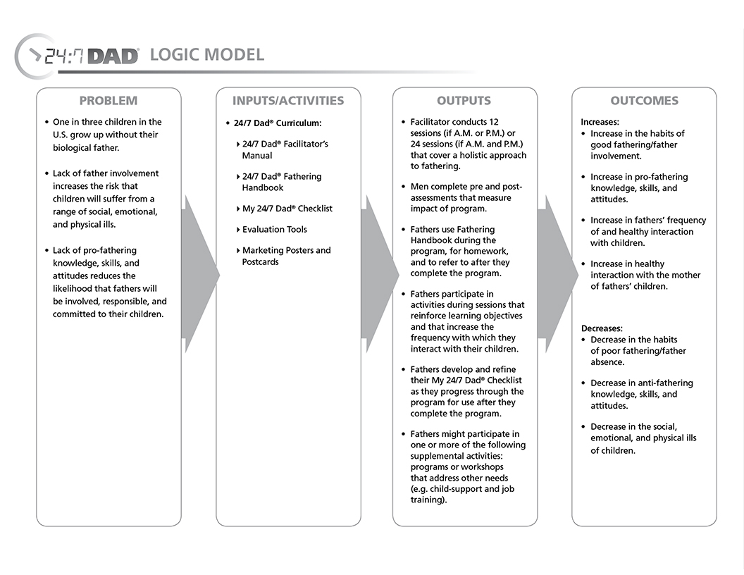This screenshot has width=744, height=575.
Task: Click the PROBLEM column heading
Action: click(108, 101)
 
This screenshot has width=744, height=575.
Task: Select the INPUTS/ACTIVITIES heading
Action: click(288, 101)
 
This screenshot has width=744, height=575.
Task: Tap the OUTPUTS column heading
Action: click(464, 101)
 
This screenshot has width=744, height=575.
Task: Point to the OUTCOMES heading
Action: click(644, 101)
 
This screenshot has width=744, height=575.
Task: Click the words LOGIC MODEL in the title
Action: click(207, 55)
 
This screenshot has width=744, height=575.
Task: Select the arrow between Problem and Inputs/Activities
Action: click(199, 275)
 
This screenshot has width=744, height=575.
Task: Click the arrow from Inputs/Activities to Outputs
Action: click(378, 275)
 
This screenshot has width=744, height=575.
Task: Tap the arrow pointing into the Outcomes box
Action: click(557, 275)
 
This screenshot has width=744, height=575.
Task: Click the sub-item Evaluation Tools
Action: click(274, 230)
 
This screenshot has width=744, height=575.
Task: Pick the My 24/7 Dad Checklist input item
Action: click(287, 209)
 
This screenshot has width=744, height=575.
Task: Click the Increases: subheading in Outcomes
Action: click(600, 122)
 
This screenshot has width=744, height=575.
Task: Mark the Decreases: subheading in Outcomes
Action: click(602, 328)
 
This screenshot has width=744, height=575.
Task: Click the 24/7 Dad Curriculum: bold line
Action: click(278, 123)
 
